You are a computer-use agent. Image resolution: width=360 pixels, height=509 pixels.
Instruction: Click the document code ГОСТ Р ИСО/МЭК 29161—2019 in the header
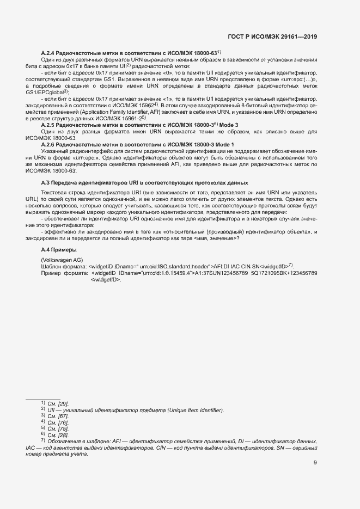[273, 36]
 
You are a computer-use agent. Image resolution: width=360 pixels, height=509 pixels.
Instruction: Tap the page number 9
[315, 463]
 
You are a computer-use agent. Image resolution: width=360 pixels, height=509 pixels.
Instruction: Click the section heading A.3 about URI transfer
[144, 182]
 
